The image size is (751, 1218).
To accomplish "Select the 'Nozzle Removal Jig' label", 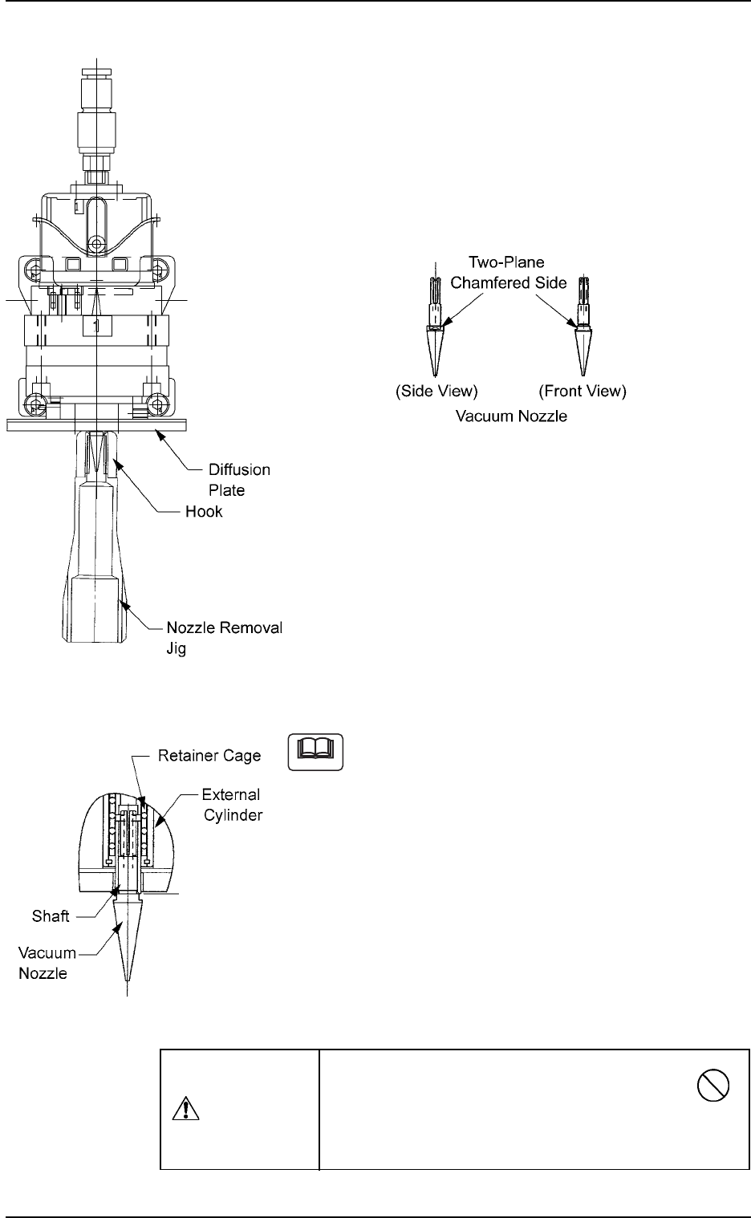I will (224, 638).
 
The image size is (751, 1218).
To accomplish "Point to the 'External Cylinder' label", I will (231, 805).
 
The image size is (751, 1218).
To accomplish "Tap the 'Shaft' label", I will (50, 916).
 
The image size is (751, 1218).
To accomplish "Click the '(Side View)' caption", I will (436, 392).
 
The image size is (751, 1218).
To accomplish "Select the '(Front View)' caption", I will (582, 392).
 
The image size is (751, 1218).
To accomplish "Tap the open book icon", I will (315, 752).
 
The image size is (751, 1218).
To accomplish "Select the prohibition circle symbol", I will (712, 1088).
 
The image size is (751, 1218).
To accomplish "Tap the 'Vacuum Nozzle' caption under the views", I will (511, 417).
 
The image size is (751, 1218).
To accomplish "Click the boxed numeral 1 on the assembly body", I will (96, 326).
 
